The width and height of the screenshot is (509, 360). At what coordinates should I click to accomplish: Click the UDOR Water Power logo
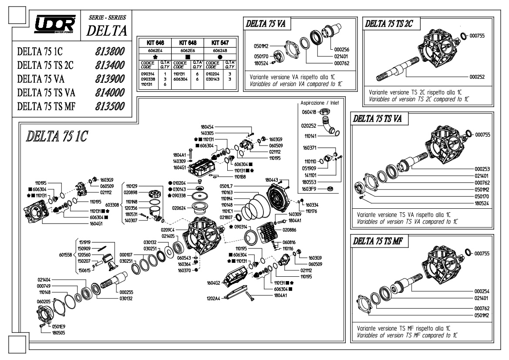coord(55,24)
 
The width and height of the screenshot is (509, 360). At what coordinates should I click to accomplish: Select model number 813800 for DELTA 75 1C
coord(110,51)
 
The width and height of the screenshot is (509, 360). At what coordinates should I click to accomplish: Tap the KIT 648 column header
coord(188,43)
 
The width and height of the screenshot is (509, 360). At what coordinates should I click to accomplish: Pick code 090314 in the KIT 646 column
coord(148,74)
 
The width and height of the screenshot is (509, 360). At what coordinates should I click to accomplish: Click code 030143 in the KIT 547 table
coord(212,79)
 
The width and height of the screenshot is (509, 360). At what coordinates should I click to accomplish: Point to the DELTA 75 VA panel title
coord(266,24)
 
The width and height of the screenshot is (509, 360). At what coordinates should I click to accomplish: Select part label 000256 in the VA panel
coord(341,50)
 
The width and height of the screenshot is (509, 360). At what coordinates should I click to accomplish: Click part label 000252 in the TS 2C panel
coord(477,77)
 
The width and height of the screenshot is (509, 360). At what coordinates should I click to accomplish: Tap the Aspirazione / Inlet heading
coord(320,103)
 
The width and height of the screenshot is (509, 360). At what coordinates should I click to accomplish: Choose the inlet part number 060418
coord(309,112)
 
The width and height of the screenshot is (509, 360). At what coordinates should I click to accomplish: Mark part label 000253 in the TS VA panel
coord(482,169)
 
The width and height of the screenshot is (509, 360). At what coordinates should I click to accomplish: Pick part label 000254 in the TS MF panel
coord(482,292)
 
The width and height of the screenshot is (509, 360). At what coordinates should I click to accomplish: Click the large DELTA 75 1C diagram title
coord(57,136)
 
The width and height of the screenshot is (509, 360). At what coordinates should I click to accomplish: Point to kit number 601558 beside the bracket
coord(66,255)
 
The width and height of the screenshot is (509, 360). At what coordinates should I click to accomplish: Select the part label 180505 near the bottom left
coord(58,333)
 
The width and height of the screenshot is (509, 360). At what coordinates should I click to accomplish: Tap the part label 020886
coord(289,230)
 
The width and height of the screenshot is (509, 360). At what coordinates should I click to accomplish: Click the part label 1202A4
coord(213,298)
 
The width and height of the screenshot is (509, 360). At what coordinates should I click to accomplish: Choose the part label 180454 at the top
coord(207,127)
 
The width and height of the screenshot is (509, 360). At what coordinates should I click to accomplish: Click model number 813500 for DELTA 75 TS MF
coord(110,106)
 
